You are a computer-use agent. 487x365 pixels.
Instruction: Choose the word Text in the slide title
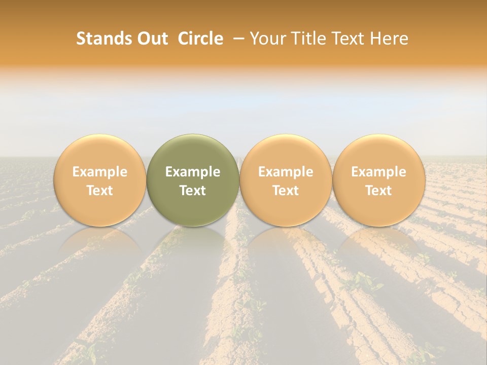[x=350, y=39]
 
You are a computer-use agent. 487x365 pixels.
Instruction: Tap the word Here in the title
[x=390, y=39]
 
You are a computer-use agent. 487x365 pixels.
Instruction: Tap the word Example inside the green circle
[x=193, y=172]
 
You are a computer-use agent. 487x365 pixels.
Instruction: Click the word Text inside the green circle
[x=193, y=191]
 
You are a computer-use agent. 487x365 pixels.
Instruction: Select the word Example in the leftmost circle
[x=99, y=172]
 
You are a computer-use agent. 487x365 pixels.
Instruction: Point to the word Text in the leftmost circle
[x=99, y=191]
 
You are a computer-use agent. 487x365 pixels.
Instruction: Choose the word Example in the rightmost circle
[x=378, y=172]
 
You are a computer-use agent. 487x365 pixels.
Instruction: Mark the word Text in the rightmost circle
[x=378, y=191]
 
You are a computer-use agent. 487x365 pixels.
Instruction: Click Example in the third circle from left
[x=286, y=172]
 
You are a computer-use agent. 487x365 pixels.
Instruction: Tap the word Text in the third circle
[x=286, y=191]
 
